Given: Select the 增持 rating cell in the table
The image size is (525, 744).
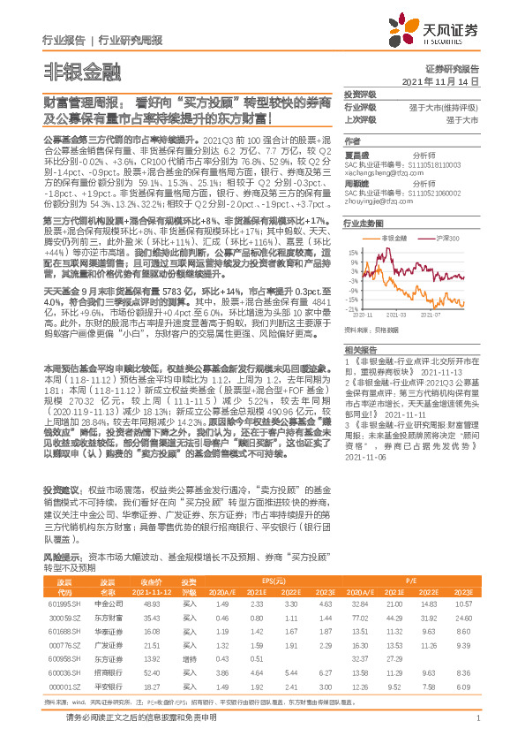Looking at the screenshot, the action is point(189,659).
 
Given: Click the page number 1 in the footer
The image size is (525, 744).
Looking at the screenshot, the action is point(476,728).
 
